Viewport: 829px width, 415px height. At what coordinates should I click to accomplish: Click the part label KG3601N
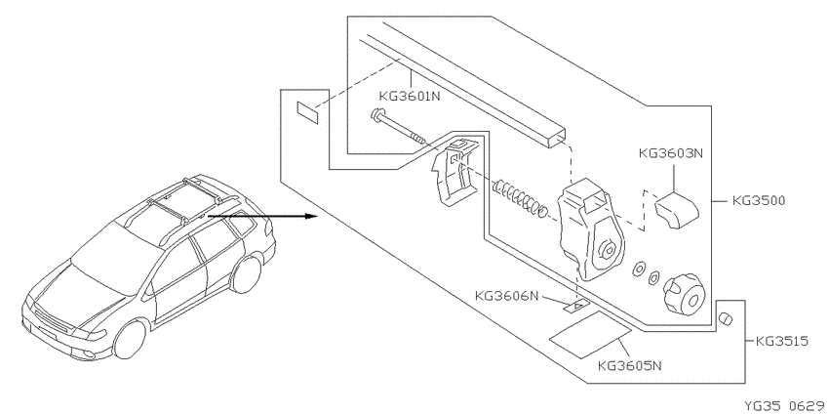pyautogui.click(x=410, y=97)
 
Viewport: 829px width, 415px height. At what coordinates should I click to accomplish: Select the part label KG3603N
pyautogui.click(x=671, y=153)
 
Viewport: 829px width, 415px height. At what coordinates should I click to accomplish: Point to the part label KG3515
pyautogui.click(x=782, y=342)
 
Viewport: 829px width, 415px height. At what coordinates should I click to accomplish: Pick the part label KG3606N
pyautogui.click(x=506, y=296)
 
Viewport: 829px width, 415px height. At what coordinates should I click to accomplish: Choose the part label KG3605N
pyautogui.click(x=630, y=366)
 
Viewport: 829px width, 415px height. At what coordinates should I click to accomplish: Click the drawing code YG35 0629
pyautogui.click(x=786, y=406)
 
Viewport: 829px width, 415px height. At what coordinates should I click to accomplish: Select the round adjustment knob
pyautogui.click(x=684, y=295)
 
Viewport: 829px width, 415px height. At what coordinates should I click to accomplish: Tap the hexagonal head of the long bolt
pyautogui.click(x=378, y=115)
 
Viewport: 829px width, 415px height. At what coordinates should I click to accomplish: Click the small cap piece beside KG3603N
pyautogui.click(x=677, y=210)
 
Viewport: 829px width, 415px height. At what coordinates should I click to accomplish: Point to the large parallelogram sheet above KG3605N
pyautogui.click(x=590, y=334)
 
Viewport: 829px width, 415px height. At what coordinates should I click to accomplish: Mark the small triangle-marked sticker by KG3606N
pyautogui.click(x=574, y=306)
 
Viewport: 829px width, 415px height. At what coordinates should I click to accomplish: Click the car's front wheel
pyautogui.click(x=130, y=339)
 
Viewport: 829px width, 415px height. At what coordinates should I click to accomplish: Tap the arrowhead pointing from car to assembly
pyautogui.click(x=312, y=216)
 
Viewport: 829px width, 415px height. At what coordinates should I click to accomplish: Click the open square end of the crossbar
pyautogui.click(x=554, y=136)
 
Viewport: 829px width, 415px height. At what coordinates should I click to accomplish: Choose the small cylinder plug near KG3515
pyautogui.click(x=726, y=318)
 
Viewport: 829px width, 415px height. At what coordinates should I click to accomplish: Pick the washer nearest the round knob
pyautogui.click(x=652, y=276)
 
